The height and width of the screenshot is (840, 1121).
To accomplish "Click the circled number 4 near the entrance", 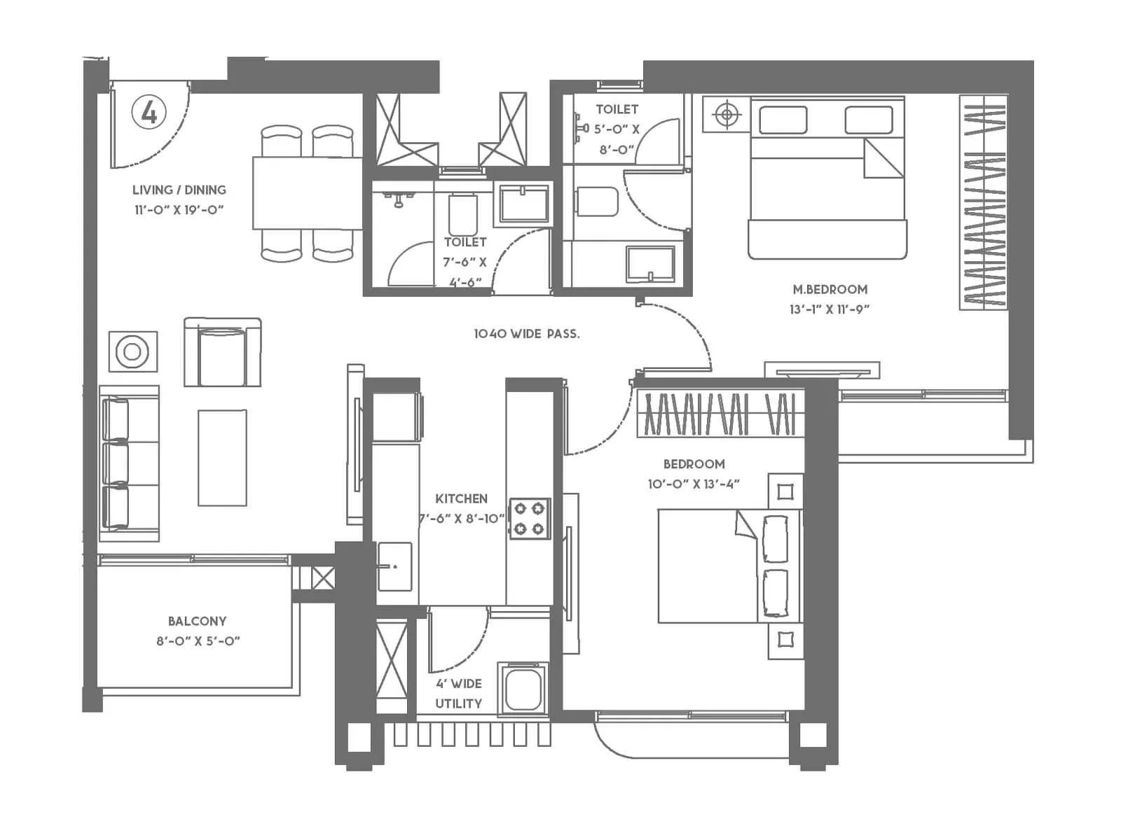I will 149,112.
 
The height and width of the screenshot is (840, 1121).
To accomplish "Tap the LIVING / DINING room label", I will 179,190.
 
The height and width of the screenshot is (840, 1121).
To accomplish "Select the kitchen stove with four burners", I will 530,519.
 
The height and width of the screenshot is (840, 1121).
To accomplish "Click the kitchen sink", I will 394,566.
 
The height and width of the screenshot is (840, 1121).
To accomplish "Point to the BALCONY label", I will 197,621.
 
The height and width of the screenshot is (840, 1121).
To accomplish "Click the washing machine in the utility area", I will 523,689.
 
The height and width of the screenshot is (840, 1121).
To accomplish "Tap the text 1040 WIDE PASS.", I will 527,334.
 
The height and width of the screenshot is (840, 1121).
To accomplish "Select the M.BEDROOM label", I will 830,289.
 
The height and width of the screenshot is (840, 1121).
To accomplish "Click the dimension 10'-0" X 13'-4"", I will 694,484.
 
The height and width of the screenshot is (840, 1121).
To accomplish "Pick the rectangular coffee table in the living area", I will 222,458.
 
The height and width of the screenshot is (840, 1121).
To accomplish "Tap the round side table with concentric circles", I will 132,351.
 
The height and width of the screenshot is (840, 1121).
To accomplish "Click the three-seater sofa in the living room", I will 129,463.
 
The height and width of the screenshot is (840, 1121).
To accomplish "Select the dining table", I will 307,193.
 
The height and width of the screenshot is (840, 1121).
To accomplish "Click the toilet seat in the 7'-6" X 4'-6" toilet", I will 462,214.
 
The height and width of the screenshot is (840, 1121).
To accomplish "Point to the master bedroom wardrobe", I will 983,203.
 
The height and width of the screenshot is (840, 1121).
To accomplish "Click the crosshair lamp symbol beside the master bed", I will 727,114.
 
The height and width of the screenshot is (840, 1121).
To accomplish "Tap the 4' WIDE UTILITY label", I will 458,693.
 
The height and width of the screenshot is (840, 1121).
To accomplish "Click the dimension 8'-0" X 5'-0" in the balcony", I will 198,640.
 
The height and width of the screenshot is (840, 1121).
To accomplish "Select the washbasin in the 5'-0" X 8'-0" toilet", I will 651,263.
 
